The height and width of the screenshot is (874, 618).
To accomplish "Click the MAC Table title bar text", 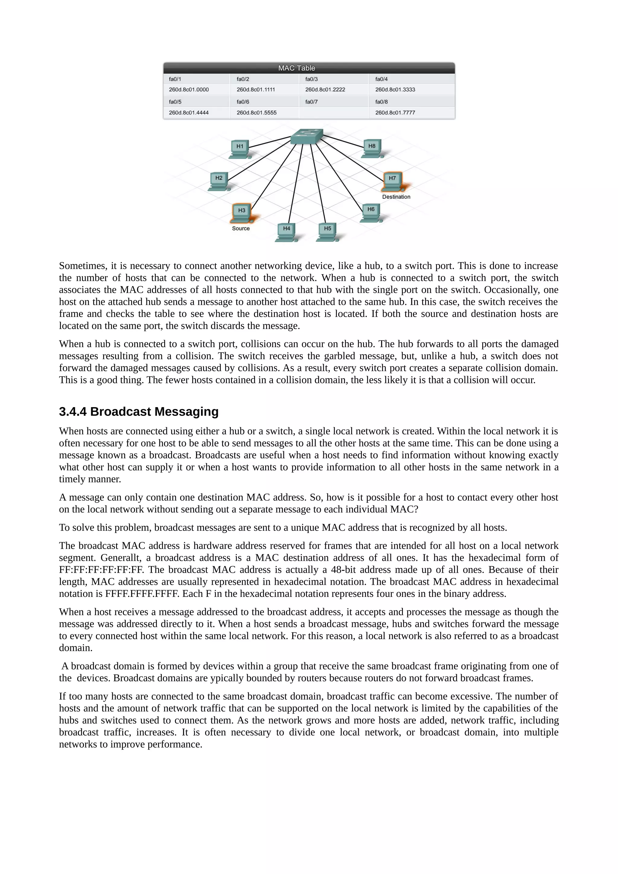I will (x=296, y=68).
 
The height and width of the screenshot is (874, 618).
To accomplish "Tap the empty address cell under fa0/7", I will (x=333, y=113).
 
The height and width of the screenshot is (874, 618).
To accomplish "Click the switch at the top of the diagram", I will (x=307, y=136).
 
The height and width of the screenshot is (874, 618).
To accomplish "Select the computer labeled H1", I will (x=240, y=149).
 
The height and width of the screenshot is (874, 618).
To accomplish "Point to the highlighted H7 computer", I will (x=393, y=181).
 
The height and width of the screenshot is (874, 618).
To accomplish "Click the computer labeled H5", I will (x=327, y=231).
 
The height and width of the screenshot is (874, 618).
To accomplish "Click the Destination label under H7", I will (x=396, y=197).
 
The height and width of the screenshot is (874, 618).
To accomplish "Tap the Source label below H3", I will (x=241, y=228).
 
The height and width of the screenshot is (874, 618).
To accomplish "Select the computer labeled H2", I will (x=219, y=181).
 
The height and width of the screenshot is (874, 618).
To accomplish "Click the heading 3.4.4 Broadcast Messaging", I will (x=139, y=411).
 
